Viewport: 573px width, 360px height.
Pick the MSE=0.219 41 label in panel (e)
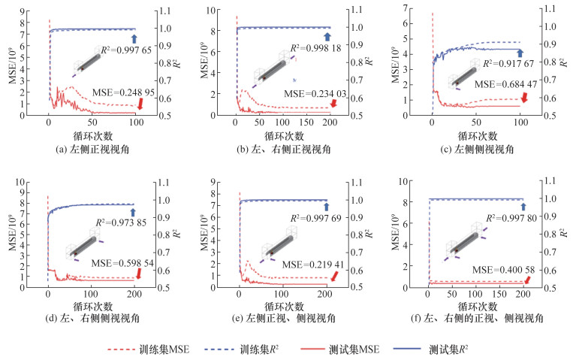pos(306,265)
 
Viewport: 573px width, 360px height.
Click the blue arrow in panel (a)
pos(134,38)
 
